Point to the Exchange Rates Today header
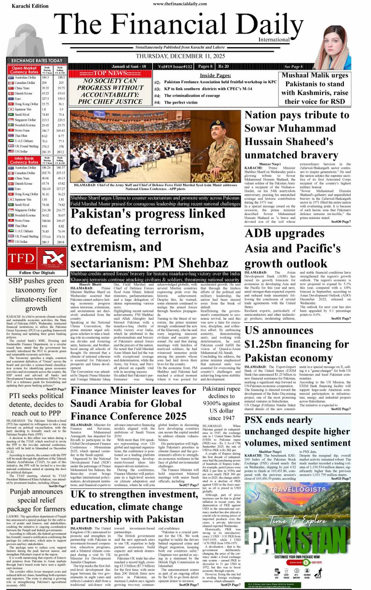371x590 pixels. tap(37, 61)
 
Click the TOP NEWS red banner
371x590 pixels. tap(110, 73)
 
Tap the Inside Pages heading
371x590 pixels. tap(215, 75)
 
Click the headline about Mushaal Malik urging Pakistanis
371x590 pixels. tap(315, 88)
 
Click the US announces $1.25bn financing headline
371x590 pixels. tap(296, 344)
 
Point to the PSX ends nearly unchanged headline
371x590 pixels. tap(297, 432)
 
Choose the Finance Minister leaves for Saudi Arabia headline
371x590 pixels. tap(133, 403)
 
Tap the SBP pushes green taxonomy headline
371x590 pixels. tap(36, 295)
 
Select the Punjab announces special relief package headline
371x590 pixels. tap(36, 500)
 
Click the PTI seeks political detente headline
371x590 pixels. tap(36, 404)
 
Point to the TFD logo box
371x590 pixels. tap(21, 258)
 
